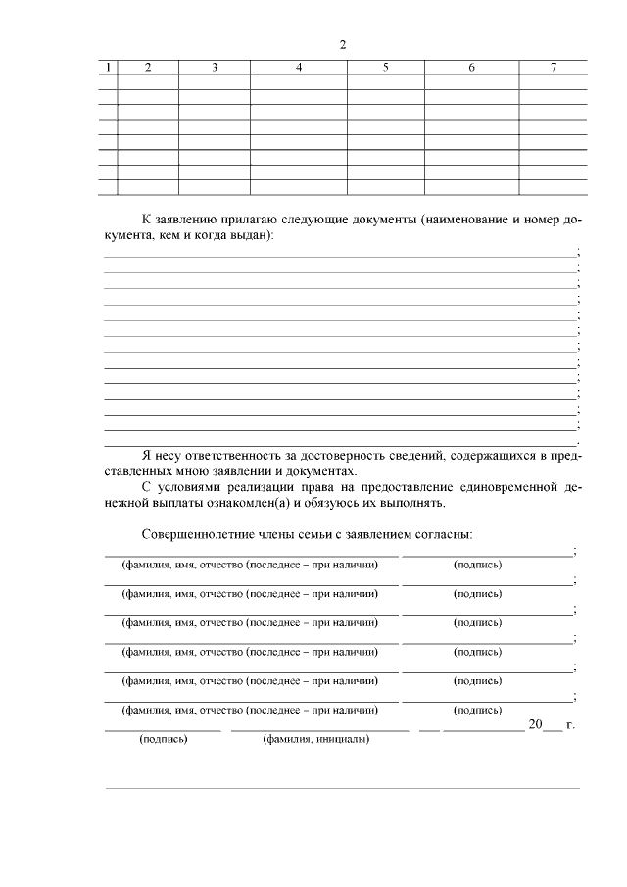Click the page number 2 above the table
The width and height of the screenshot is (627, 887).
click(x=342, y=45)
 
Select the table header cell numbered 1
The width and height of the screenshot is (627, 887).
click(x=108, y=68)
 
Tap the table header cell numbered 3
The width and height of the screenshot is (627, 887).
click(x=214, y=68)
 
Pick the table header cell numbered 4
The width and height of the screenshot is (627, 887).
click(x=299, y=68)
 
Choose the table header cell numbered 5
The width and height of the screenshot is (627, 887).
click(x=385, y=68)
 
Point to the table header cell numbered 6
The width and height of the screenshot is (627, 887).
click(x=471, y=68)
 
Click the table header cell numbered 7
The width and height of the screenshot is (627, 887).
click(x=553, y=68)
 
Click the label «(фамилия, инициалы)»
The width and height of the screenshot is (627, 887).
click(x=314, y=740)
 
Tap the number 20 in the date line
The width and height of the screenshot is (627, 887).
click(x=535, y=724)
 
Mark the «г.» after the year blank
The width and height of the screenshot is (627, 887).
click(x=570, y=725)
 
